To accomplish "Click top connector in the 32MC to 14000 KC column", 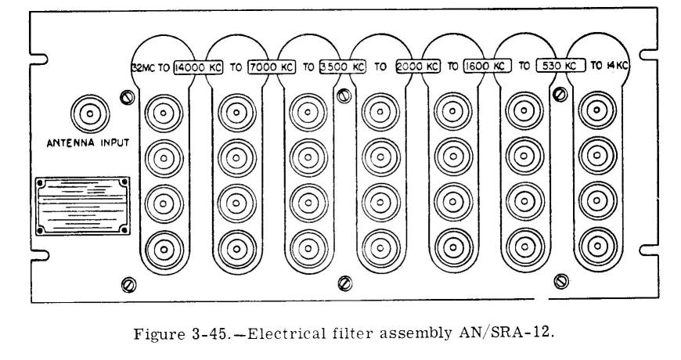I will click(164, 113).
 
